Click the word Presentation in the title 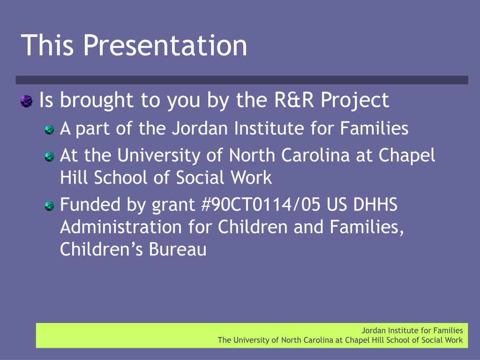click(x=165, y=45)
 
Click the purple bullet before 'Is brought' click(x=27, y=101)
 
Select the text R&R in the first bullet click(x=294, y=100)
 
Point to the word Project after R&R click(x=355, y=101)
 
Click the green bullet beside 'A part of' click(x=49, y=130)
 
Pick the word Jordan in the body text click(x=200, y=128)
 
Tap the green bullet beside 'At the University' click(x=49, y=157)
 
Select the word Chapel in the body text click(x=406, y=156)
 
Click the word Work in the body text click(x=251, y=178)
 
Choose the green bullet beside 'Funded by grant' click(x=49, y=206)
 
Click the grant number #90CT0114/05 click(x=261, y=204)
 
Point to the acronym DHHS click(x=375, y=204)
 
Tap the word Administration click(x=121, y=227)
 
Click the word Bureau click(x=178, y=249)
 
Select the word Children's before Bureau click(x=101, y=249)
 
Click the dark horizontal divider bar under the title click(x=242, y=80)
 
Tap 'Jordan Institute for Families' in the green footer click(x=412, y=330)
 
